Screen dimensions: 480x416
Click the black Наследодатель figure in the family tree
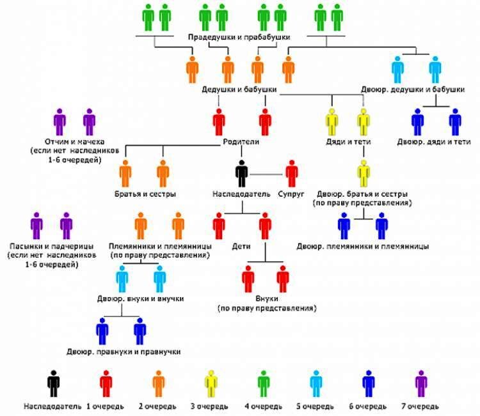(x=241, y=173)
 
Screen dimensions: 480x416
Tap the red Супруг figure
(x=292, y=173)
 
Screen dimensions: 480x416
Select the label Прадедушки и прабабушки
(x=239, y=37)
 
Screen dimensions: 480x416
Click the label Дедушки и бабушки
(x=239, y=90)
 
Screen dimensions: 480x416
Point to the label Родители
(x=241, y=142)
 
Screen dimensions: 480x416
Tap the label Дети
(x=241, y=245)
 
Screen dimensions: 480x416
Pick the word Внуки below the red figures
(x=266, y=298)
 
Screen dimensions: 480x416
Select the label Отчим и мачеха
(x=70, y=141)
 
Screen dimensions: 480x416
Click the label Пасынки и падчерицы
(x=52, y=246)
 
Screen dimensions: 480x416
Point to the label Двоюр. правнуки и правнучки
(x=123, y=351)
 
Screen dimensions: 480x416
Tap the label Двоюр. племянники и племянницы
(x=362, y=246)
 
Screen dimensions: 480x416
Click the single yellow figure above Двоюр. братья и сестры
(x=364, y=173)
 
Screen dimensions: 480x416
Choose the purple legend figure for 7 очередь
(x=420, y=384)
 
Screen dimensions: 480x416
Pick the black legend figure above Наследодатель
(x=53, y=384)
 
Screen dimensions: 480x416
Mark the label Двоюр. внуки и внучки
(x=141, y=298)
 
